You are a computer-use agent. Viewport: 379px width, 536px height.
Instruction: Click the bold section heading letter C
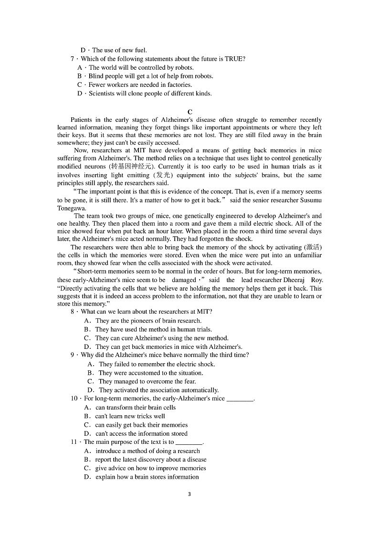(190, 112)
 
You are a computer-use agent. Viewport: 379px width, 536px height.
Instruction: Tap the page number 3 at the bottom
(189, 494)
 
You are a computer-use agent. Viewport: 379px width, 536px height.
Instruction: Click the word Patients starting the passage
(84, 120)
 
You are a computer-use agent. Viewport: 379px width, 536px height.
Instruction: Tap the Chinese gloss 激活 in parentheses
(313, 247)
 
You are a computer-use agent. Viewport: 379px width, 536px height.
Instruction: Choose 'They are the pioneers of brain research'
(148, 321)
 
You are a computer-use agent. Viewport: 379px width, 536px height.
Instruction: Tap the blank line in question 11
(189, 442)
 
